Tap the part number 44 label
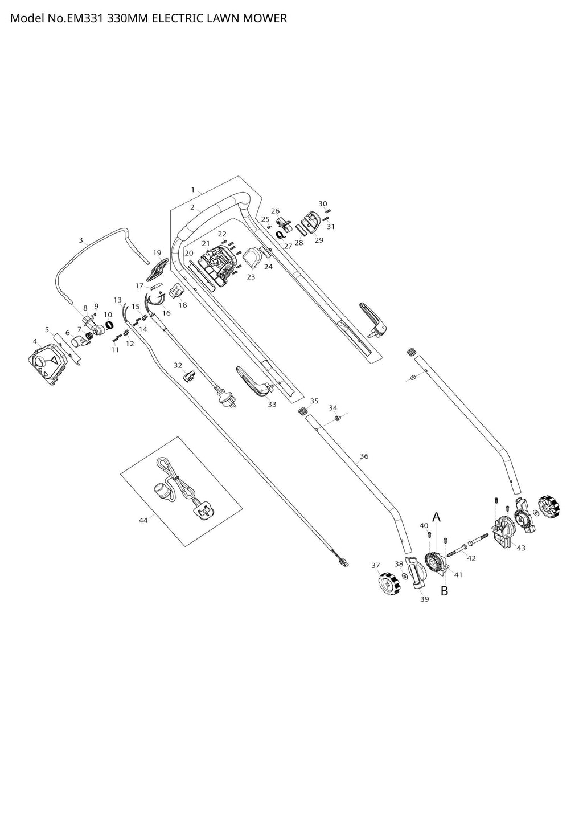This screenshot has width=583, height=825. coord(143,520)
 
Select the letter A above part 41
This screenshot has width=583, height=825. coord(437,517)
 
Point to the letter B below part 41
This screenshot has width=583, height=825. coord(445,591)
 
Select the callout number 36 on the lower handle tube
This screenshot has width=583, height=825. coord(364,456)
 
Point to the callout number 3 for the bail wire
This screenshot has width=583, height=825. coord(81,240)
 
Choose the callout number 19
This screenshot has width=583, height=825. coord(157,252)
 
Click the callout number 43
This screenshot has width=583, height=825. coord(520,548)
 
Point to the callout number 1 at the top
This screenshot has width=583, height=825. coord(193,189)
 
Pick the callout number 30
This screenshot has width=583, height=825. coord(323,204)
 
